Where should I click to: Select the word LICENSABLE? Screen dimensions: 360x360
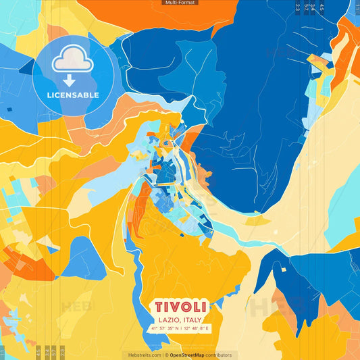(72, 95)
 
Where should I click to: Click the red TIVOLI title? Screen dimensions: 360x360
(180, 307)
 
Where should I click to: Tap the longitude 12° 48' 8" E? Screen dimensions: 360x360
(197, 328)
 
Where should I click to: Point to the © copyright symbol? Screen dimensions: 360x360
(165, 355)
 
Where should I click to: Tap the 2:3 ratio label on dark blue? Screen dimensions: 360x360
(298, 8)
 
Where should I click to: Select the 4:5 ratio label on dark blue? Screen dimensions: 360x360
(322, 8)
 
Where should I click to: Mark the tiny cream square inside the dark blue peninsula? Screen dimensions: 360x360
(284, 269)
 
